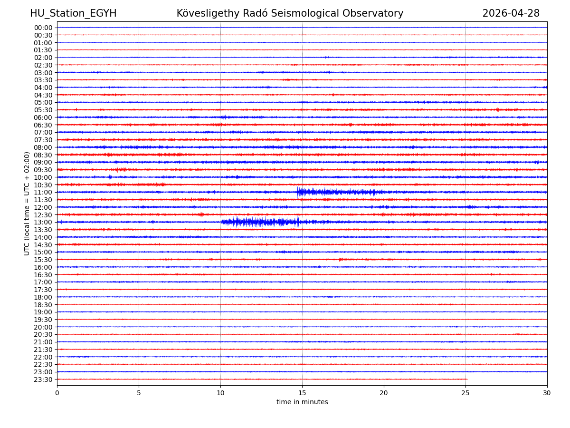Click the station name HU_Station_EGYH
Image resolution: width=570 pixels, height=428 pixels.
point(73,13)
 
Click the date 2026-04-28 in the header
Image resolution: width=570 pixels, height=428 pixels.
point(511,13)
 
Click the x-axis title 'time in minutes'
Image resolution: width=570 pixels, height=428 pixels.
point(302,402)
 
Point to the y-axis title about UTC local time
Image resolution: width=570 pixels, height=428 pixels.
point(27,203)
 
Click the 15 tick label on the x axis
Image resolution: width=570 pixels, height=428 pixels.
point(302,393)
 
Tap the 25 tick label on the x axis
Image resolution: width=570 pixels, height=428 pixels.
point(465,393)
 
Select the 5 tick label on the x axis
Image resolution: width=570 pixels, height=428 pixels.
point(139,393)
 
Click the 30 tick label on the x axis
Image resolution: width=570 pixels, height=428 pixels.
point(547,393)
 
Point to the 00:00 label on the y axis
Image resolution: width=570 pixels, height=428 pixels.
point(43,28)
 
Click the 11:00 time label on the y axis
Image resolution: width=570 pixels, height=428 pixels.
point(43,192)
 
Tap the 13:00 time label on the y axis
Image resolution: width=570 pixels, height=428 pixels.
point(43,222)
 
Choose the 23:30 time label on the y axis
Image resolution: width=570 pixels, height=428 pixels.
point(43,379)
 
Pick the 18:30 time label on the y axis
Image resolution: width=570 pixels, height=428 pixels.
point(43,304)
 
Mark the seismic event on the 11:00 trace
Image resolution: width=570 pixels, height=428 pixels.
point(332,192)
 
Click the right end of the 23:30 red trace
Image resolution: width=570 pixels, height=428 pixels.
point(467,379)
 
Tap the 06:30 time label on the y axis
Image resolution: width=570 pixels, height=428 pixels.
point(43,125)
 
